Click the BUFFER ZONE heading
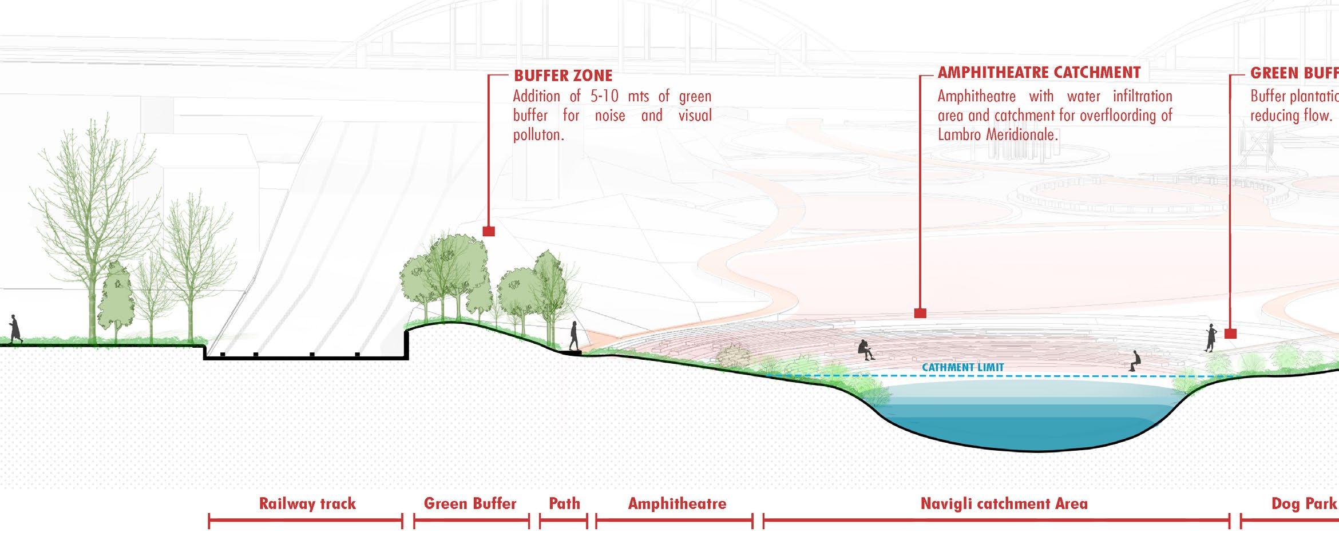click(562, 76)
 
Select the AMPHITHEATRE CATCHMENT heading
click(1039, 73)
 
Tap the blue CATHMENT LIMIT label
click(962, 367)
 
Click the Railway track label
click(307, 503)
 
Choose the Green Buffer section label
click(470, 503)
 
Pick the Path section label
click(564, 503)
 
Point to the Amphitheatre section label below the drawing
click(677, 503)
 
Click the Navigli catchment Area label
click(1004, 503)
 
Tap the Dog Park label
click(1304, 503)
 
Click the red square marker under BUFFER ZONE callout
click(489, 231)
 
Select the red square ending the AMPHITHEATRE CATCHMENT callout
click(920, 313)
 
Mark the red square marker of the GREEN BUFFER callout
click(1230, 333)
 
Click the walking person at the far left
click(14, 329)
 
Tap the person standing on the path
click(573, 336)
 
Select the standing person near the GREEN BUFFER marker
click(1211, 337)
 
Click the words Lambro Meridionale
click(997, 135)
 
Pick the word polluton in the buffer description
click(536, 135)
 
